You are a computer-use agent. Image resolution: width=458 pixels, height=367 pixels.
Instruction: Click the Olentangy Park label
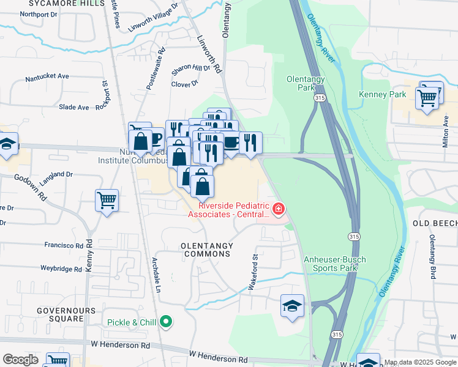301,83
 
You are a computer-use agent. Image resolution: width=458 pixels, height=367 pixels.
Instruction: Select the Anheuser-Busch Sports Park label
335,264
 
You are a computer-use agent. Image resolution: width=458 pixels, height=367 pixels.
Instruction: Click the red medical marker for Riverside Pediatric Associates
279,210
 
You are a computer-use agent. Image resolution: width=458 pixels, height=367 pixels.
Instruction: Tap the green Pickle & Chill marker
166,321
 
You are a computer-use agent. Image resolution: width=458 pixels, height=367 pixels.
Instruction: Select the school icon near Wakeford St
293,305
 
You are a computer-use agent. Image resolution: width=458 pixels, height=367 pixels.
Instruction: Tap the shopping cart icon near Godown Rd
107,200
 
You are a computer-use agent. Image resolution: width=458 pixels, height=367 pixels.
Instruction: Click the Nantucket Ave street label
47,78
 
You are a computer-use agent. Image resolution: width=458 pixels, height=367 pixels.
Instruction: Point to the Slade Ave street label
74,107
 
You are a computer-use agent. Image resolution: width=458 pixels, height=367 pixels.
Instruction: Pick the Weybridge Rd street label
61,269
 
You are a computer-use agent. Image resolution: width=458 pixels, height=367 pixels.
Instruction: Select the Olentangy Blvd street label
432,256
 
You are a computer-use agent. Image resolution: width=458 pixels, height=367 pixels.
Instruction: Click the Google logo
20,360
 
